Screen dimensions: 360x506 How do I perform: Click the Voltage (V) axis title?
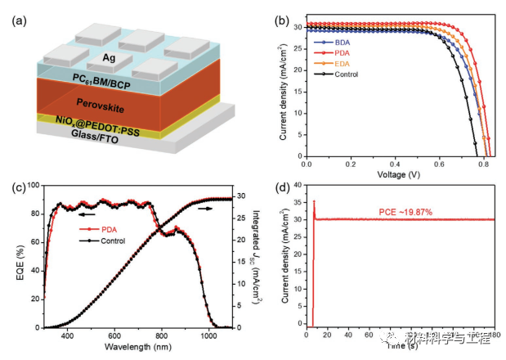398,176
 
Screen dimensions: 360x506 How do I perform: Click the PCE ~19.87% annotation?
406,212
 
